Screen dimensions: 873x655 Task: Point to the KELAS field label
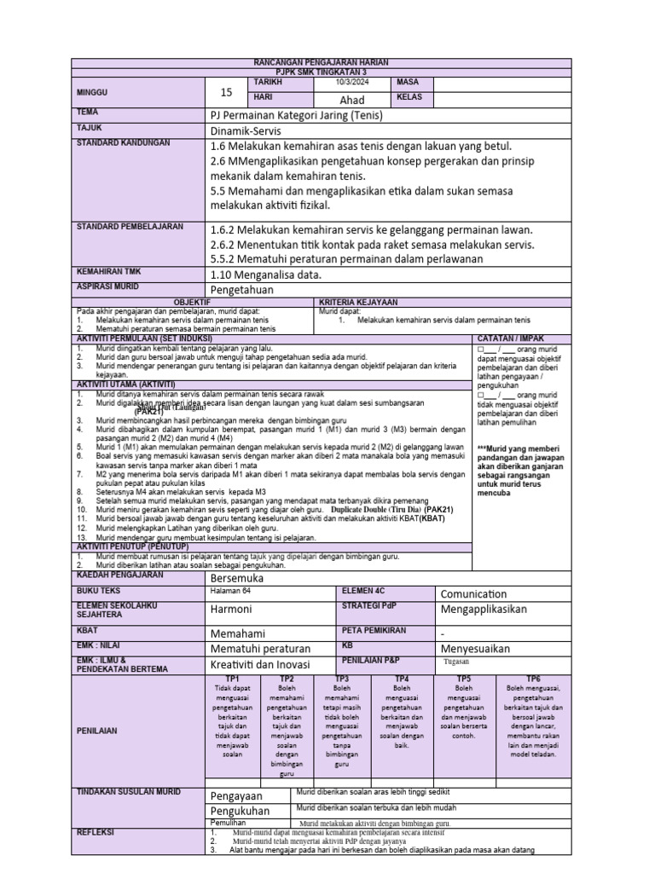409,98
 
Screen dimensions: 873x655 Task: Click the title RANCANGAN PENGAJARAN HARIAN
321,63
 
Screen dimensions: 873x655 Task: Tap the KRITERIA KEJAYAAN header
357,303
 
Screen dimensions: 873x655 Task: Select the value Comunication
474,593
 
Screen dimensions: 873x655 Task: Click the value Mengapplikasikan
484,610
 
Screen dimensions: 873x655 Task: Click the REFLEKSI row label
96,832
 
